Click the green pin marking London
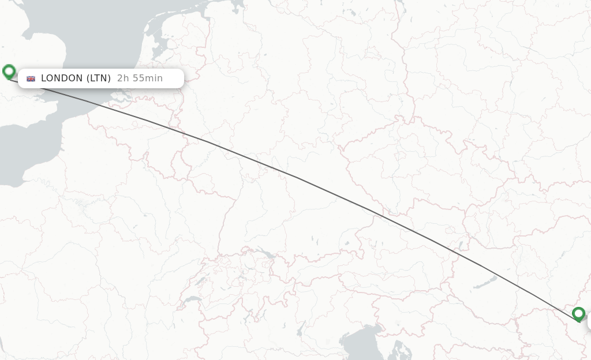pos(9,72)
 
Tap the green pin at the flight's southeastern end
pos(578,314)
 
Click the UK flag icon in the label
pos(31,78)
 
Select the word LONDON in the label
pos(62,78)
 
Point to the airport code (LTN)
pos(99,78)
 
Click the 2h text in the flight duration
pos(122,78)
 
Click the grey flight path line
pos(289,174)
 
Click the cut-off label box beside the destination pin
pos(589,322)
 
